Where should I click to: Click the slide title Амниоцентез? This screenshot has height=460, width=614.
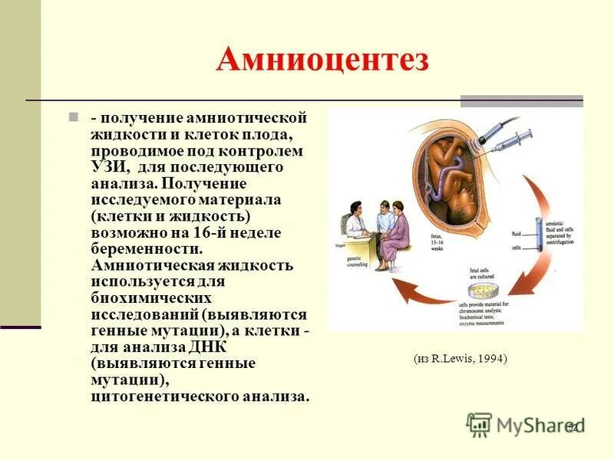(x=322, y=60)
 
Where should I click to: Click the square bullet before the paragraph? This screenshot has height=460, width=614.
(x=74, y=118)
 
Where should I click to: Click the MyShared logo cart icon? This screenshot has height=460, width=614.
(x=479, y=424)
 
